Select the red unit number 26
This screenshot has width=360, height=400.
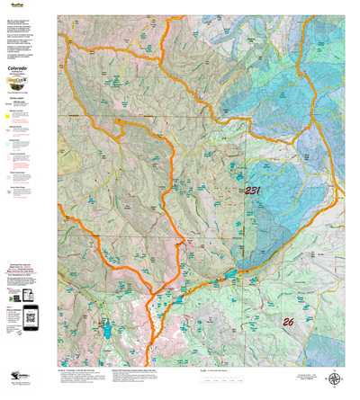tap(288, 321)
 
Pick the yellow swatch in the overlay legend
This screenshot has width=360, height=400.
tap(9, 115)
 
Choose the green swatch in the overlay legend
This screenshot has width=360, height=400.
tap(9, 141)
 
